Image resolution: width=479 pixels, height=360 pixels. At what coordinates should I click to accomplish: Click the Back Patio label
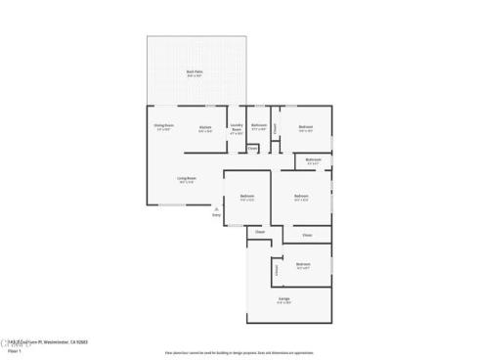pos(195,71)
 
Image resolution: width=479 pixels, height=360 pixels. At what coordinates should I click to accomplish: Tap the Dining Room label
pos(162,125)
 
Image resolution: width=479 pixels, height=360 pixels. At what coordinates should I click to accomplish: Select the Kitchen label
pos(205,127)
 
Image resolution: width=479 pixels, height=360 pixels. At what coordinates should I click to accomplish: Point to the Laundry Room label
pos(237,127)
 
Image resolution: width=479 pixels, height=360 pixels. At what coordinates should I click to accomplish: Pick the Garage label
pos(283,298)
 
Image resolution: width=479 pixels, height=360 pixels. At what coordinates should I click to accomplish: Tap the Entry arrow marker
pos(216,208)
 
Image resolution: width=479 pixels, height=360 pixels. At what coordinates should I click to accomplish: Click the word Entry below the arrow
pos(216,215)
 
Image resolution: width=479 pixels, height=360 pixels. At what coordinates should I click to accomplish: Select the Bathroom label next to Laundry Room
pos(259,125)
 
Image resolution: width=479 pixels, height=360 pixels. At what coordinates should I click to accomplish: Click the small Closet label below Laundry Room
pos(252,149)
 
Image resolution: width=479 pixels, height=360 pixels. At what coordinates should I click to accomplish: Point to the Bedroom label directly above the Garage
pos(303,263)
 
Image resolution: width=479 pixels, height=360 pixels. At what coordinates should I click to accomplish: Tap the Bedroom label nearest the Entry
pos(247,196)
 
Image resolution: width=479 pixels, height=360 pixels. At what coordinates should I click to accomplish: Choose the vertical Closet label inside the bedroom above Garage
pos(277,269)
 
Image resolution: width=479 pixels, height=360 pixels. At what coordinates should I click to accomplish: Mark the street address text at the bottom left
pos(44,340)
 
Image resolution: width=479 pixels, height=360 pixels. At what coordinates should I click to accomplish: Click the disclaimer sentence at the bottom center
pos(239,351)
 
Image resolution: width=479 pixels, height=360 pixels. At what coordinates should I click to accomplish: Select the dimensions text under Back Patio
pos(195,76)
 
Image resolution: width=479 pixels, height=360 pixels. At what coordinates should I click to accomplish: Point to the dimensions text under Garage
pos(283,303)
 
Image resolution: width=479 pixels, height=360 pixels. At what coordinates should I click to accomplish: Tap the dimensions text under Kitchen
pos(205,132)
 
